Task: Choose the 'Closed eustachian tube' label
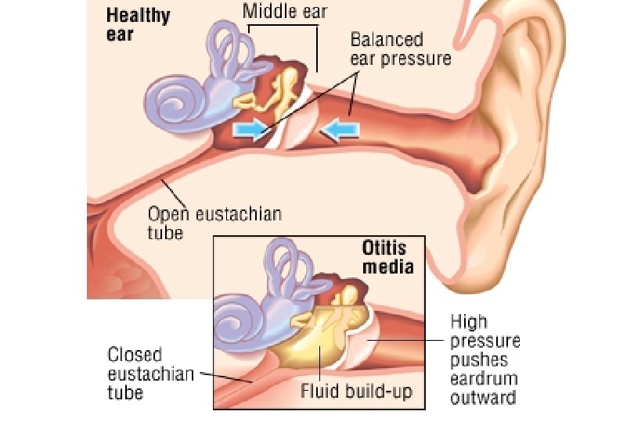point(149,374)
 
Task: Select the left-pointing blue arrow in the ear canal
point(342,130)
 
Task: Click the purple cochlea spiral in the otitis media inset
point(238,321)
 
